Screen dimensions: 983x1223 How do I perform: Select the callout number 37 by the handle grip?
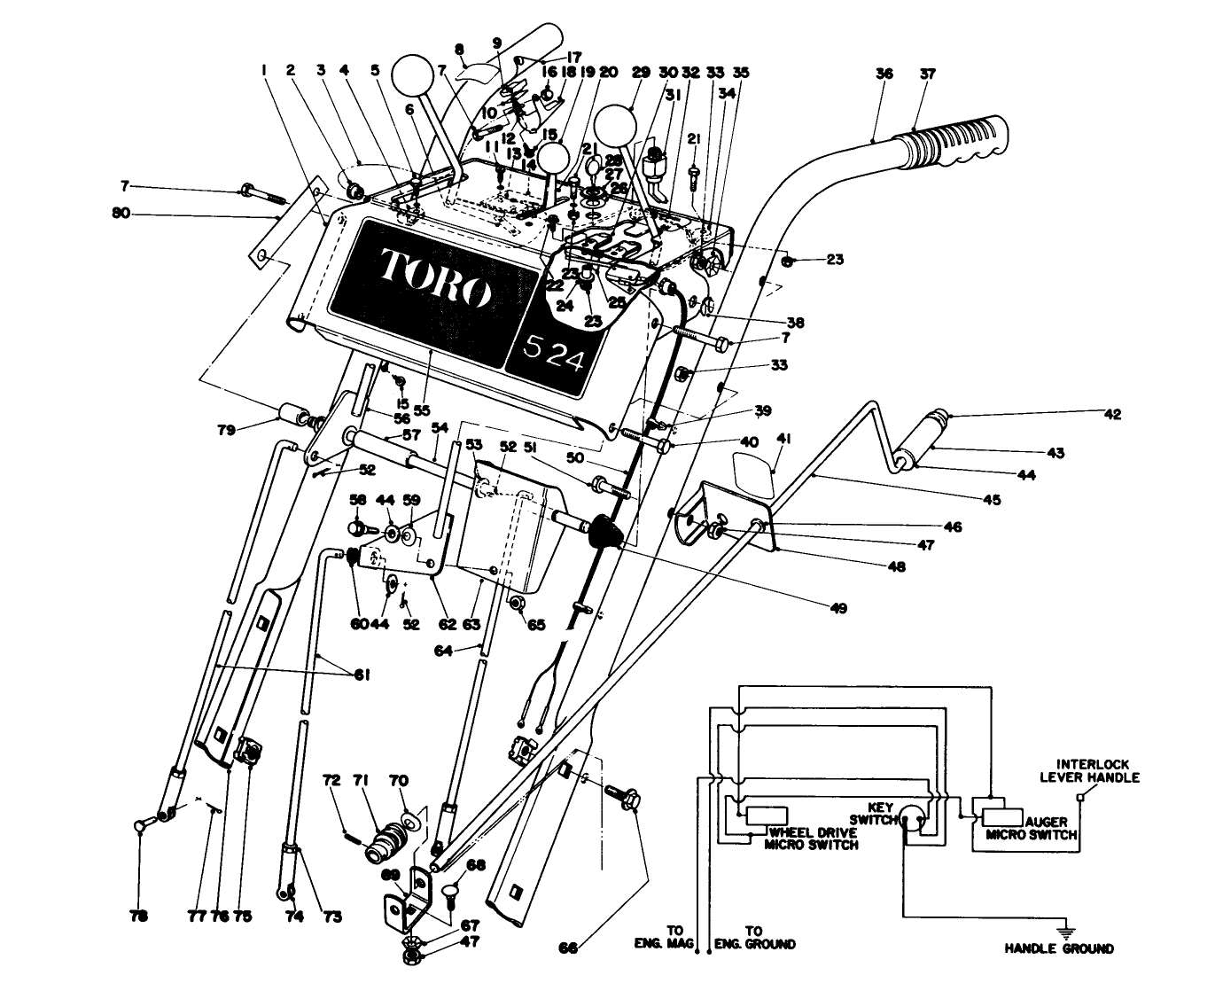(927, 74)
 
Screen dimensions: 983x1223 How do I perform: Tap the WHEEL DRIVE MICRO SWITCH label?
(813, 839)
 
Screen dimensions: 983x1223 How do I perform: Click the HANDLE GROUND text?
(1058, 948)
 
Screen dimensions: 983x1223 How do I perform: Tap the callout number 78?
(139, 917)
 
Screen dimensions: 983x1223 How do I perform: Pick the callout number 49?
(837, 608)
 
